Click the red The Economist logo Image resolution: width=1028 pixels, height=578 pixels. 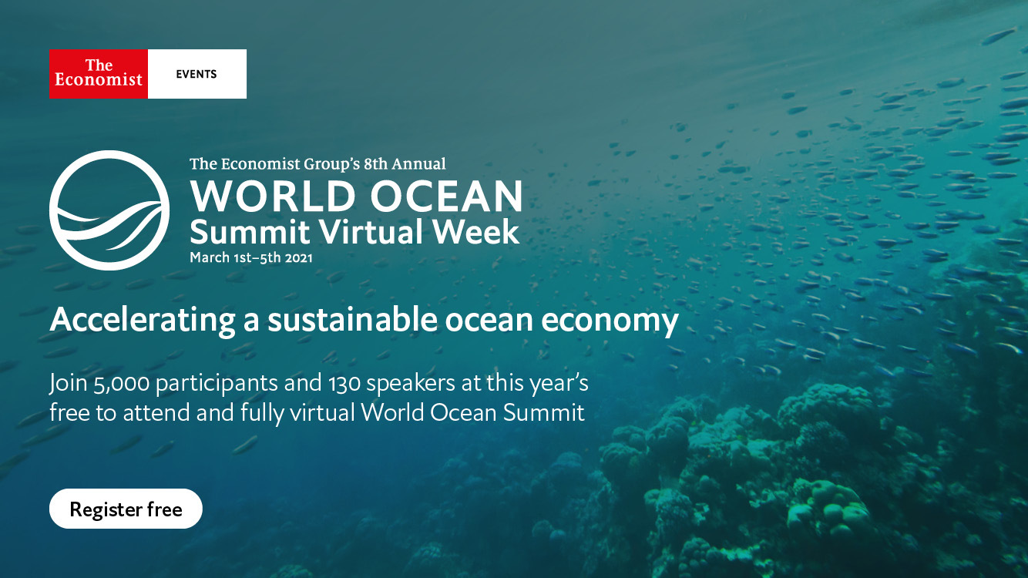coord(99,74)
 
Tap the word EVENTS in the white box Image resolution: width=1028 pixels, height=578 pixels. coord(197,75)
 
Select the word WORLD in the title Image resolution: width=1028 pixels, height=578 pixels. coord(273,196)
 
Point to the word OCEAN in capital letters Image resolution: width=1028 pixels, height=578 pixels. coord(446,196)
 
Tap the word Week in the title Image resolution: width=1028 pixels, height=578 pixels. coord(476,231)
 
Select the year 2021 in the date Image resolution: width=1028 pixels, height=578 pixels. coord(298,258)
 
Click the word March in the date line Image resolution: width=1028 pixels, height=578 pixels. coord(210,257)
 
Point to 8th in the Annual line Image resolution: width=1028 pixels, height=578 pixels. coord(375,164)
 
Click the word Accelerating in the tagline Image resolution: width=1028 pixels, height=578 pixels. coord(143,321)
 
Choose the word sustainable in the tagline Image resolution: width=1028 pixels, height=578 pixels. coord(352,320)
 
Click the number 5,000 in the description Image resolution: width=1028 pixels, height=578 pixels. coord(121,384)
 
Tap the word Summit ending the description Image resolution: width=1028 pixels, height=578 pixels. coord(544,413)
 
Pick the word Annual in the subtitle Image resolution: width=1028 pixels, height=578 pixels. coord(418,164)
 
